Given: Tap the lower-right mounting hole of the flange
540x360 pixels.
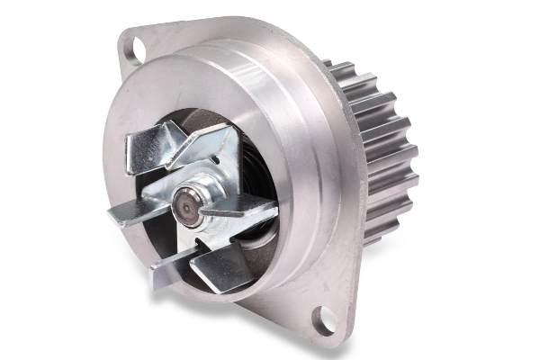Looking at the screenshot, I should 321,320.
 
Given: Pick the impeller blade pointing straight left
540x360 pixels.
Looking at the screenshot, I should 130,213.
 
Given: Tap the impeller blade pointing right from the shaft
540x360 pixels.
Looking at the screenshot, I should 238,211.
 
